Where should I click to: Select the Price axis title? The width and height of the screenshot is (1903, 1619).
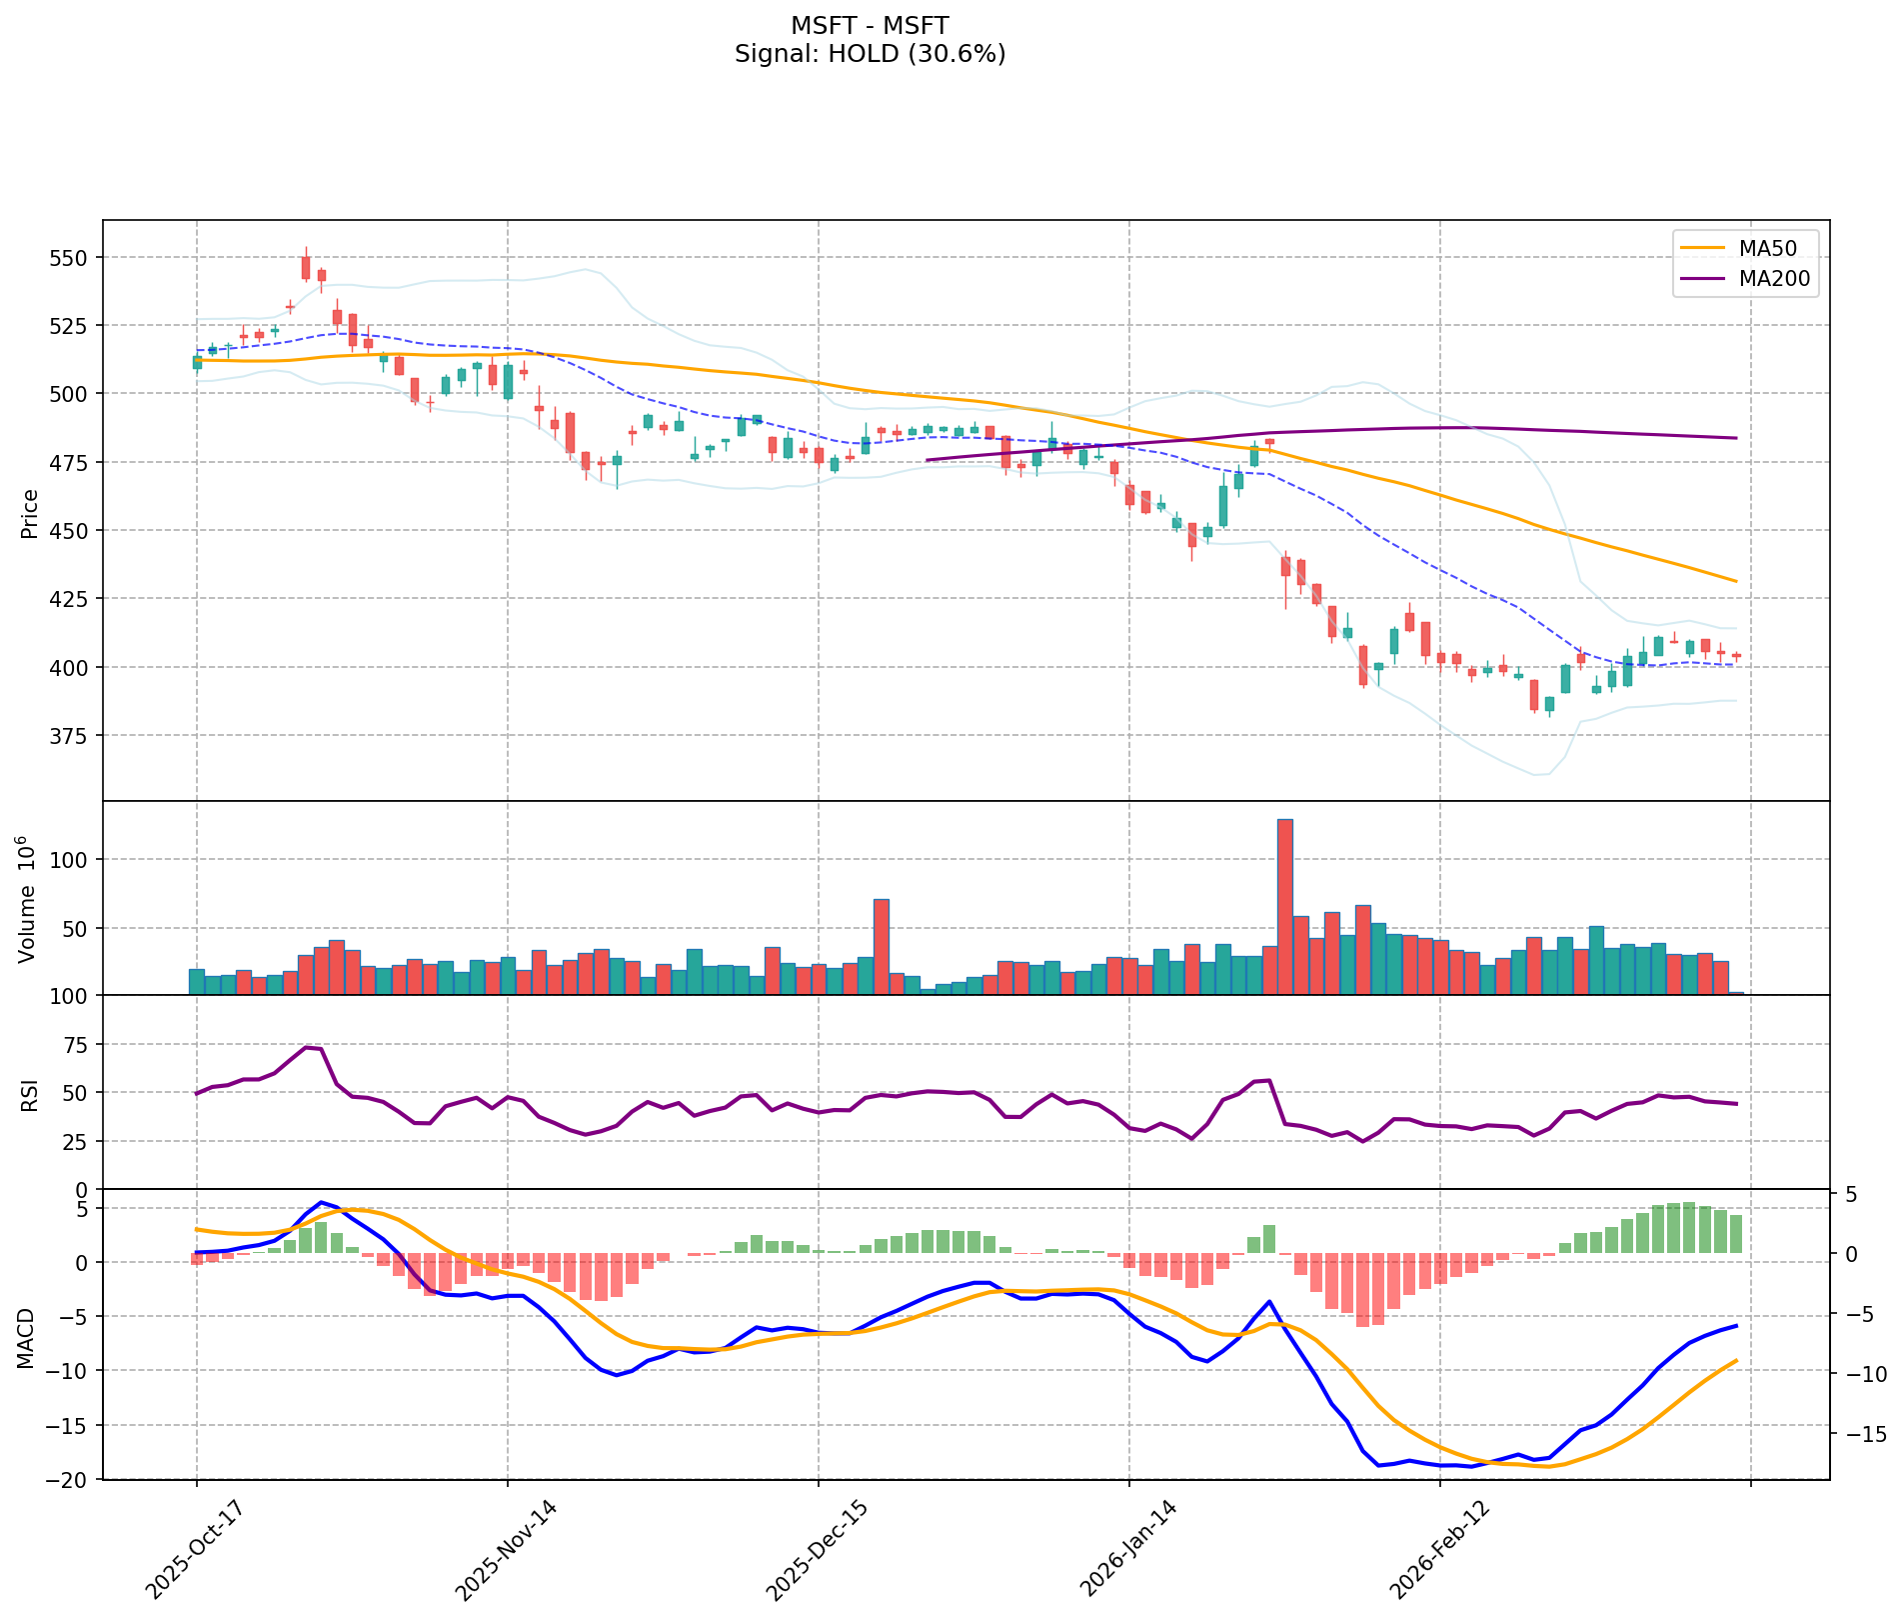(30, 514)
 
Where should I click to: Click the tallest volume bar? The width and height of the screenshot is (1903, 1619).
(1285, 906)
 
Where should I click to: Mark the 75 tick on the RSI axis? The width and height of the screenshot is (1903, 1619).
(76, 1045)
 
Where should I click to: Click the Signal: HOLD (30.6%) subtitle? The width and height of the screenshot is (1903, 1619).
(870, 54)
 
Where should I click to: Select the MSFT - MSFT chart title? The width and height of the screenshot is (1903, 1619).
(870, 25)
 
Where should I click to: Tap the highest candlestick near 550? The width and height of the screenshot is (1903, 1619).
(306, 267)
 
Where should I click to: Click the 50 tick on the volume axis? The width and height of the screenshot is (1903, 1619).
(76, 928)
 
